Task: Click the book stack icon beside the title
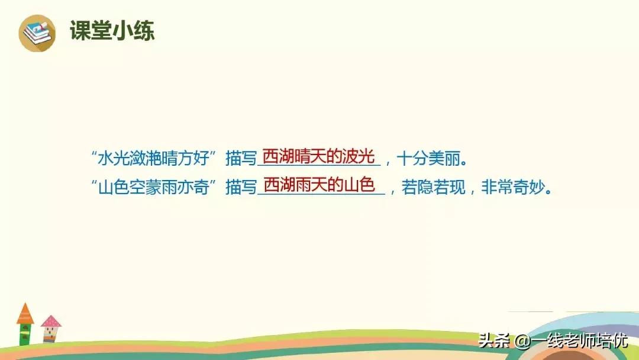point(37,33)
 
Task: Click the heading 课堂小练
point(112,31)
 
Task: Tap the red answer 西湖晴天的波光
point(318,157)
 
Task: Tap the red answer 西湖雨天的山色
point(319,185)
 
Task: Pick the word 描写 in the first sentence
point(241,159)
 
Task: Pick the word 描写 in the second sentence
point(241,188)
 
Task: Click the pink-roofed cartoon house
point(51,329)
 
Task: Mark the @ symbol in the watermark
point(521,342)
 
